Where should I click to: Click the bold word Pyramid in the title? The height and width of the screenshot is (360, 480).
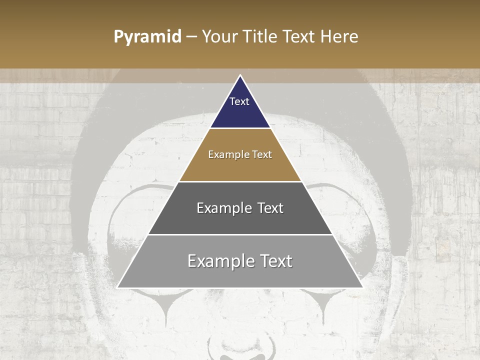(147, 37)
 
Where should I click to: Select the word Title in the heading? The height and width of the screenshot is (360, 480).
(260, 36)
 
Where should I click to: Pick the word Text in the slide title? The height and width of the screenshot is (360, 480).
(300, 36)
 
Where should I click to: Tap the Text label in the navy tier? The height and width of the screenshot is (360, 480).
(239, 101)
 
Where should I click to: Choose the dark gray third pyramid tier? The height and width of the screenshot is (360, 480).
(240, 220)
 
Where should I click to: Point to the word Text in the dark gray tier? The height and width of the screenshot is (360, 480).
(268, 208)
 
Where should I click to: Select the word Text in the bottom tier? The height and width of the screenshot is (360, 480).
(275, 261)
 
